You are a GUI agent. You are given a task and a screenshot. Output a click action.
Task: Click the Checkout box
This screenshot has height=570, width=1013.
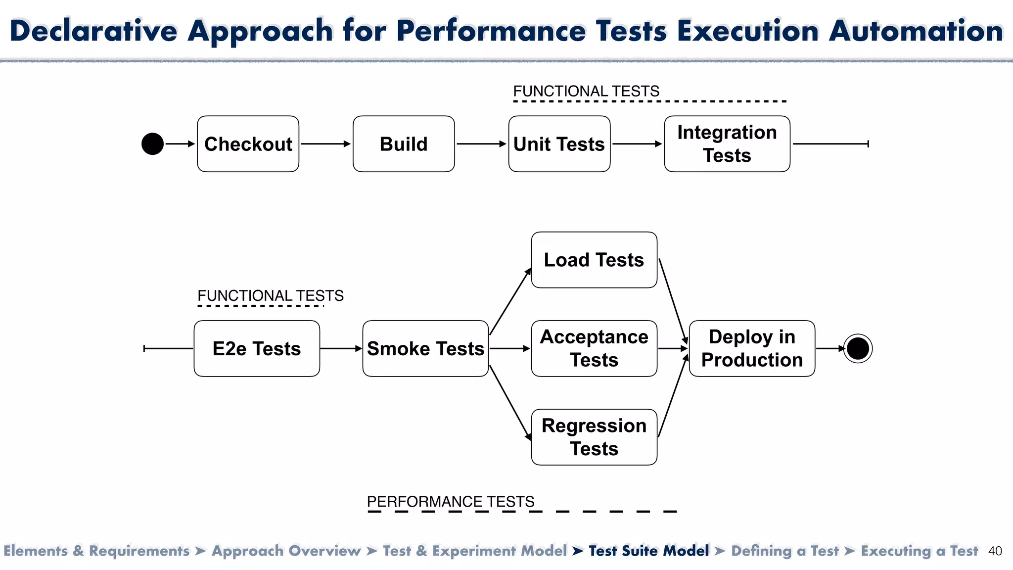(248, 144)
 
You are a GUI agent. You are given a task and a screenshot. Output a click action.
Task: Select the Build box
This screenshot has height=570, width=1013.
(404, 144)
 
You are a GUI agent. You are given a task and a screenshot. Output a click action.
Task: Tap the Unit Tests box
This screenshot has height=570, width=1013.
(559, 144)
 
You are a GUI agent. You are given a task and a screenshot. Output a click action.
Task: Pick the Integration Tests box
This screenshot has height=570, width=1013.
(727, 144)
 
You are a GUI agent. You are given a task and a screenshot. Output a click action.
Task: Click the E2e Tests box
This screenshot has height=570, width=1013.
(257, 348)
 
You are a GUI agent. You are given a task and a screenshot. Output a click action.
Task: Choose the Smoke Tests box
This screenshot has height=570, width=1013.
(425, 348)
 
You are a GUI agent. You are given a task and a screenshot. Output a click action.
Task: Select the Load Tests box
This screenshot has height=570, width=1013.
(594, 260)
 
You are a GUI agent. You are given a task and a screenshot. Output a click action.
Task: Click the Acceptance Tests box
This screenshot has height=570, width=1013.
(594, 348)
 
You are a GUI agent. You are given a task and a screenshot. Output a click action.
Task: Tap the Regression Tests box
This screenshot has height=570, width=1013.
(594, 437)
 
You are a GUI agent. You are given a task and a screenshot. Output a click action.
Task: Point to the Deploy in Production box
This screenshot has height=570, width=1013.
(752, 348)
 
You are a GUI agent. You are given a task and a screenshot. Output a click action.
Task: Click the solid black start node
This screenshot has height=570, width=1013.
(152, 144)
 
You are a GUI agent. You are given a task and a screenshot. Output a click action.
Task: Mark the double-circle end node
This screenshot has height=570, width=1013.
(858, 348)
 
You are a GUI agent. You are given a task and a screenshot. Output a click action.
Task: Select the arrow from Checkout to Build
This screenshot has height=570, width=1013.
(325, 144)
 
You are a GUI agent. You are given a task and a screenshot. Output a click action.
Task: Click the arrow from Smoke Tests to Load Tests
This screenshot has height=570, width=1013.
(510, 302)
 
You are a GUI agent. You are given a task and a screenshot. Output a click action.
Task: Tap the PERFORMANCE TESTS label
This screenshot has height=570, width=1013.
(451, 502)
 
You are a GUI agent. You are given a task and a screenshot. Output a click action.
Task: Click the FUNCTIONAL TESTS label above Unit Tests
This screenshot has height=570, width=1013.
(586, 92)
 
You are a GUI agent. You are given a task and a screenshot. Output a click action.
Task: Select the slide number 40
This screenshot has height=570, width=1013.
(995, 551)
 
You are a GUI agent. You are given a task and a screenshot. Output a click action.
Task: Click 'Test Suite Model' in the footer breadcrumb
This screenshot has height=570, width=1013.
(648, 551)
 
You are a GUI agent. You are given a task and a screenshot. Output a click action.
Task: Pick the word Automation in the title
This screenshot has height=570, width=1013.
(916, 31)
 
